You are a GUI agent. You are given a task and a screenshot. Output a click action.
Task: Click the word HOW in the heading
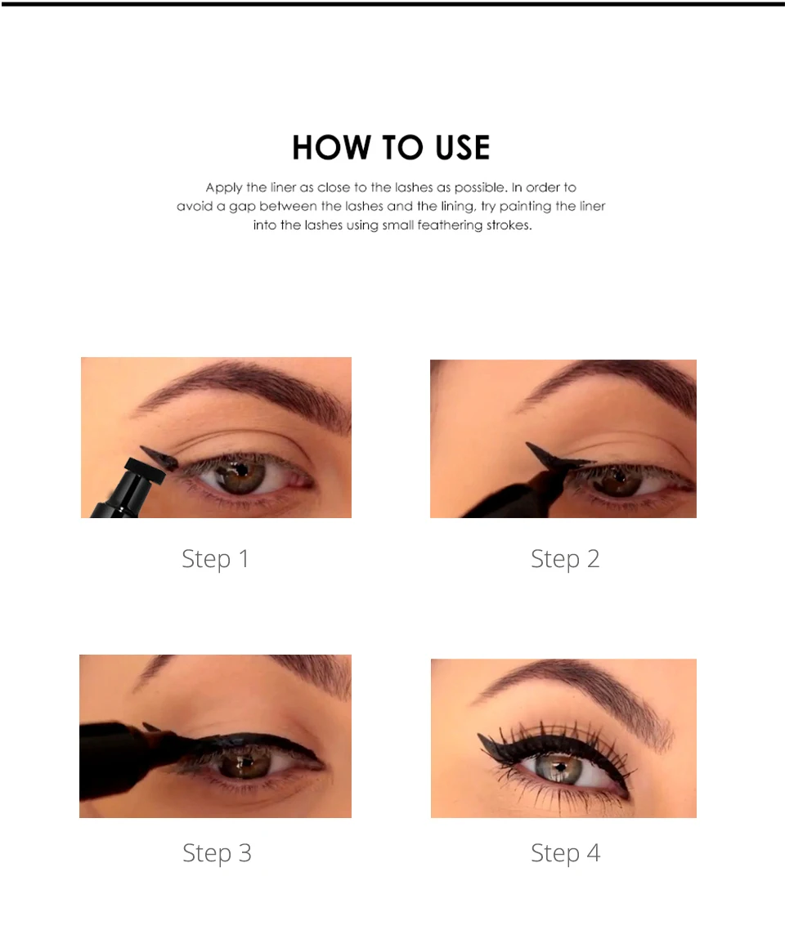(x=326, y=148)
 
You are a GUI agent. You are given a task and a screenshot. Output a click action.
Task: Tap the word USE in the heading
(x=455, y=148)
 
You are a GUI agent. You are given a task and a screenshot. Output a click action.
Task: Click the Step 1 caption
(x=215, y=559)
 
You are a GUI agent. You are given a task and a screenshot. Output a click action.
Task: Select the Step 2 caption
(x=565, y=559)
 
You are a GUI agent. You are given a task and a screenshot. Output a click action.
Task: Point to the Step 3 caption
(x=217, y=853)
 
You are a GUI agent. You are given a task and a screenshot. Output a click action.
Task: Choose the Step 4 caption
(x=565, y=853)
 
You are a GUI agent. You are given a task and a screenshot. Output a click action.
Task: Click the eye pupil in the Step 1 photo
(x=243, y=472)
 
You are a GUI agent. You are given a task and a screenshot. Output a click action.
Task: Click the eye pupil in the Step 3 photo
(x=243, y=764)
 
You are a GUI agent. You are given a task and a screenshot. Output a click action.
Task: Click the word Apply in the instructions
(x=224, y=188)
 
